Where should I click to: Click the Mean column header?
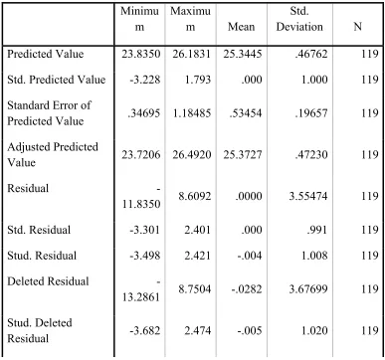(x=241, y=27)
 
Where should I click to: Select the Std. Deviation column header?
(x=299, y=19)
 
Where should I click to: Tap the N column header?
(x=357, y=27)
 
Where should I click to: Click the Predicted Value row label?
(x=46, y=54)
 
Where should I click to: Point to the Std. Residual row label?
(x=39, y=230)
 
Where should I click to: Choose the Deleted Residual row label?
(x=48, y=281)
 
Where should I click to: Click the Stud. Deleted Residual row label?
(x=40, y=330)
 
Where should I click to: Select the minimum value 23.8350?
(x=140, y=54)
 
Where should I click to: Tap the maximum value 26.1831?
(x=191, y=54)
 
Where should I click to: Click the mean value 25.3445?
(x=243, y=54)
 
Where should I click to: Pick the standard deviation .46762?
(x=310, y=54)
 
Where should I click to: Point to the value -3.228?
(x=144, y=80)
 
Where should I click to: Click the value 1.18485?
(x=191, y=113)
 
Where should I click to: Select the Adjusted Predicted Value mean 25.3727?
(x=243, y=155)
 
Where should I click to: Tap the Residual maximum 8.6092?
(x=195, y=196)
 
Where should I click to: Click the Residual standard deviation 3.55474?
(x=308, y=196)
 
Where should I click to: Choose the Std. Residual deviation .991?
(x=317, y=230)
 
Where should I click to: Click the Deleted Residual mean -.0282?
(x=247, y=289)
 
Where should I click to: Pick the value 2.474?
(x=198, y=331)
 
